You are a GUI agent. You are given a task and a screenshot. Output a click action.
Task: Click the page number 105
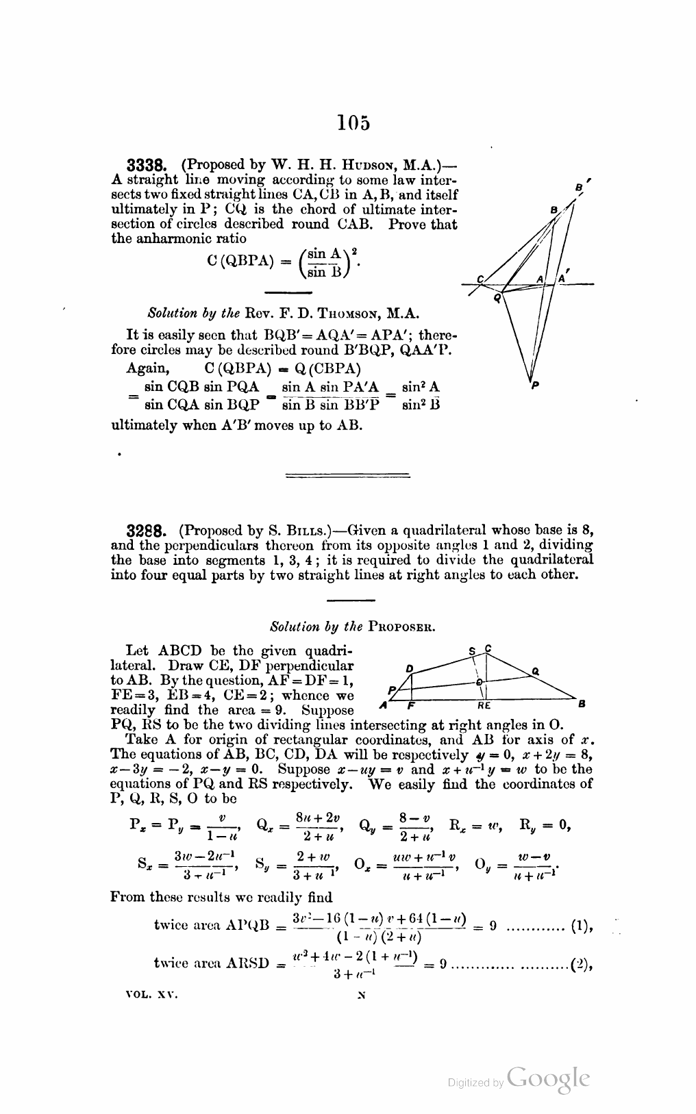[x=353, y=123]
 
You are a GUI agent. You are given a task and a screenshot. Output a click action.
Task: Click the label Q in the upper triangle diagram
[x=498, y=298]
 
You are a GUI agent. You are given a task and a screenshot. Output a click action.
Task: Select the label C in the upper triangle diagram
[x=480, y=279]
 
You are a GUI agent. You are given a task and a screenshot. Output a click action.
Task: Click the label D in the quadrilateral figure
[x=410, y=667]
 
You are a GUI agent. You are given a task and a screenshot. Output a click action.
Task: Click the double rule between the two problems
[x=346, y=474]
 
